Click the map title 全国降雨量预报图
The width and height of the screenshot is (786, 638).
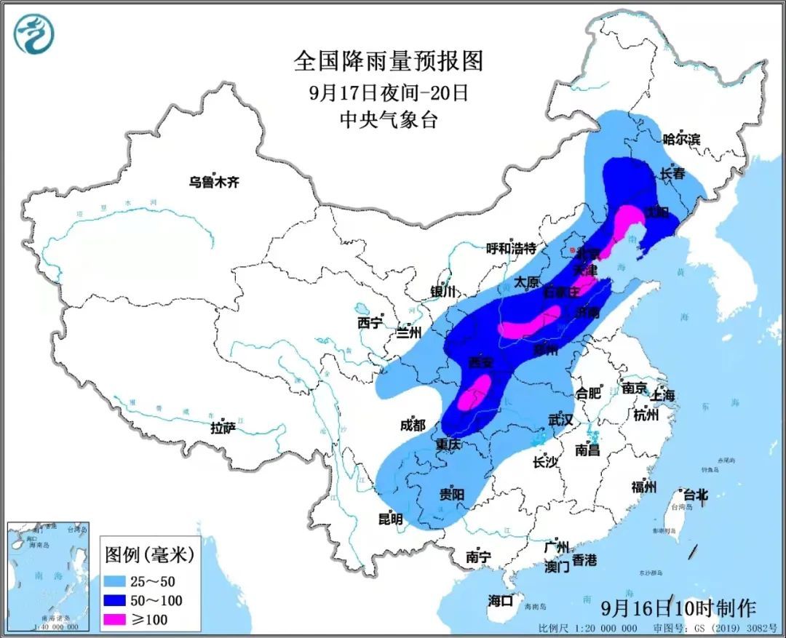coord(389,61)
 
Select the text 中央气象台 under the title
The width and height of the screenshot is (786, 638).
coord(389,120)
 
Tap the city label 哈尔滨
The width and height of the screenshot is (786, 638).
coord(681,138)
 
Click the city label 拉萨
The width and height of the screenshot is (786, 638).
coord(223,428)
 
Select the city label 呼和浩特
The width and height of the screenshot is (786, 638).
coord(511,247)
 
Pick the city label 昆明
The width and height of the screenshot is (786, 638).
coord(390,519)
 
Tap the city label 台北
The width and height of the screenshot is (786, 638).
coord(692,495)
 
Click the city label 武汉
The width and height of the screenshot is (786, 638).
coord(560,420)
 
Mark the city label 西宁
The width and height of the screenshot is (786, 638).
coord(370,323)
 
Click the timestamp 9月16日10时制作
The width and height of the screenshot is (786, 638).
coord(679,607)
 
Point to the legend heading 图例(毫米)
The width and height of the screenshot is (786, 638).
coord(149,555)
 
